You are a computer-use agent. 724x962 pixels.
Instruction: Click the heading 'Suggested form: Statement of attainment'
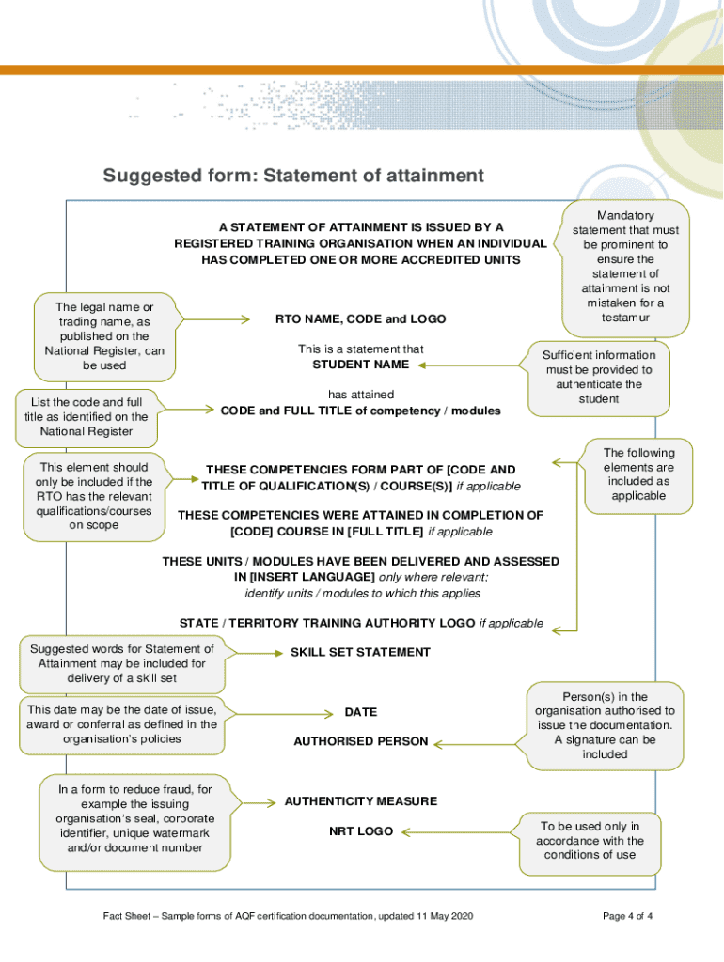click(x=293, y=176)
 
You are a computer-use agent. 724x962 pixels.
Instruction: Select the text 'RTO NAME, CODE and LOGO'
click(x=360, y=319)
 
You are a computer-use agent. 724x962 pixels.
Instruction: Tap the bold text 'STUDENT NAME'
click(x=360, y=365)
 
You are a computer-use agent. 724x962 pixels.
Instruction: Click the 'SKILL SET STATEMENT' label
click(x=360, y=652)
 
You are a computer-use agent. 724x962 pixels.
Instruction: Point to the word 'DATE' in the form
click(x=360, y=712)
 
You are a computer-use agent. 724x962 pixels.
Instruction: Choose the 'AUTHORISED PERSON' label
click(x=360, y=741)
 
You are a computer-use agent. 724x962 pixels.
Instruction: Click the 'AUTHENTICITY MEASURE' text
click(x=360, y=801)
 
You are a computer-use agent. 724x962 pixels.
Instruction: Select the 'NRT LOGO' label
click(x=360, y=831)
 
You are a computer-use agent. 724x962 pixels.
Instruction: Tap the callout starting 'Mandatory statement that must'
click(x=625, y=267)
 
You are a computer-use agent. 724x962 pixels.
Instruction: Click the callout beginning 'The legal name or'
click(x=103, y=336)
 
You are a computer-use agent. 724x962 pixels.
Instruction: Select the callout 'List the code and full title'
click(x=86, y=416)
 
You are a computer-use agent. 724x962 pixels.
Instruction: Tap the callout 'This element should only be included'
click(x=93, y=496)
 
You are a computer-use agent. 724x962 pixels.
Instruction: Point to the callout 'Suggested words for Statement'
click(x=121, y=663)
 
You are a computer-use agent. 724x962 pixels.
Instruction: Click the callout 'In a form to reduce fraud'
click(x=134, y=818)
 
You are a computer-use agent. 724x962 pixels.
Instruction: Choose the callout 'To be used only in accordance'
click(x=590, y=840)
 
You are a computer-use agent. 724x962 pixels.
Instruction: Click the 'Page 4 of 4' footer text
click(x=627, y=916)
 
